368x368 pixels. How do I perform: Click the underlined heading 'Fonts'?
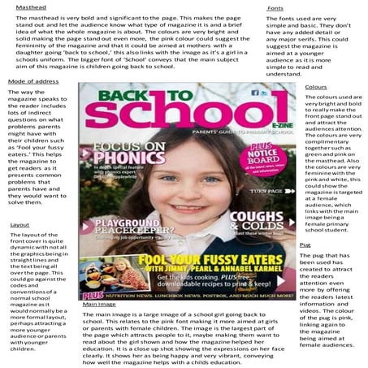(275, 7)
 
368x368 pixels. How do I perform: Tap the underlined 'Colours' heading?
(316, 86)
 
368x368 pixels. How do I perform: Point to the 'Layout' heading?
(19, 224)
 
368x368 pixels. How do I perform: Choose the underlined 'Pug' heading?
(305, 244)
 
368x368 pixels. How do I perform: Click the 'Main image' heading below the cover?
(98, 304)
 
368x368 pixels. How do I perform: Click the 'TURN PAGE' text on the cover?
(264, 190)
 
